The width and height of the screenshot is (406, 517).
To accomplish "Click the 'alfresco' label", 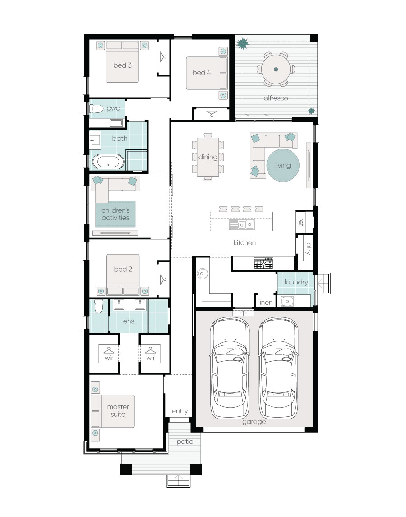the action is pos(276,98).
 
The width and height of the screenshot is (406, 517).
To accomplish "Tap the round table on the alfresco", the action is pos(276,69).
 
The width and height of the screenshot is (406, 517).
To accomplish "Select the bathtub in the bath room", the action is pos(108,162).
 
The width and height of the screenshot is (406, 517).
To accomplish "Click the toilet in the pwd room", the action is pos(96,108).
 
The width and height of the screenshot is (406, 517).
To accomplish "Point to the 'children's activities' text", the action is pos(115,214).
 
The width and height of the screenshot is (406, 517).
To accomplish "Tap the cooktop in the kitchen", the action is pos(263,263).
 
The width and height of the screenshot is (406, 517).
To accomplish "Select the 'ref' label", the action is pos(301,222).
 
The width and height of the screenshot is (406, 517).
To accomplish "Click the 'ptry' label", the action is pos(308,248).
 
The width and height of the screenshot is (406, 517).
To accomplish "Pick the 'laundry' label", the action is pos(296,282).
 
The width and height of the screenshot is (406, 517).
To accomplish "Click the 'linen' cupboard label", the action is pos(265,303).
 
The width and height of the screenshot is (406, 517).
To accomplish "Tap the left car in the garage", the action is pos(230,368).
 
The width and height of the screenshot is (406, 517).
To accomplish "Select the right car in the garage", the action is pos(278,368).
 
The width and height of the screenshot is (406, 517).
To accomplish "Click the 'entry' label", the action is pos(180,411).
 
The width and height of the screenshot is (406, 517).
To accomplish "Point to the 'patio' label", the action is pos(185,442).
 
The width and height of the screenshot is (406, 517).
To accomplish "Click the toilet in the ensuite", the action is pos(98,306).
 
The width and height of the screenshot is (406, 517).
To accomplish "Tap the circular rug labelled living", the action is pos(283,165).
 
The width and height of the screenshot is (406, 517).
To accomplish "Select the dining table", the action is pos(208,157).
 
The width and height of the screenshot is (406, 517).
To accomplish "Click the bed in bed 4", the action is pos(207,73).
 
